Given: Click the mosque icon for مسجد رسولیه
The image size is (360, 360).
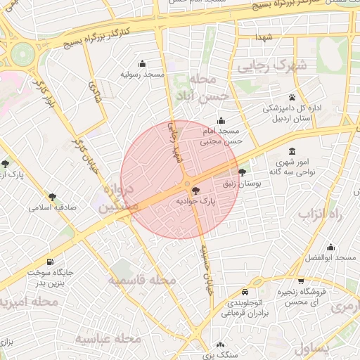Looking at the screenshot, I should click(x=143, y=63).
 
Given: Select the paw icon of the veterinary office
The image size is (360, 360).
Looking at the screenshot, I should click(x=292, y=97).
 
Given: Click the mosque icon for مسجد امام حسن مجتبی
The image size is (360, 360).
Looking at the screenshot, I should click(x=221, y=120).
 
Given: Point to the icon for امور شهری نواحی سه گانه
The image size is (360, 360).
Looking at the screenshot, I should click(x=292, y=151).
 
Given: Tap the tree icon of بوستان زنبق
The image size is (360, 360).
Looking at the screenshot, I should click(x=243, y=172).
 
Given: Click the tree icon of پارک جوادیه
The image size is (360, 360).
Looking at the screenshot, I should click(x=195, y=191).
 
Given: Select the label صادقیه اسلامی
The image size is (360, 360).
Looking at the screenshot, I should click(x=51, y=208).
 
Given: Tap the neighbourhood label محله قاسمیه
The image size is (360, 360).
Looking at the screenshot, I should click(x=143, y=281).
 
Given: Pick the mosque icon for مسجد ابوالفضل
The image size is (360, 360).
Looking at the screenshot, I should click(x=330, y=247).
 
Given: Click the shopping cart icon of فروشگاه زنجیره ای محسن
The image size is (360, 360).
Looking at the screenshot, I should click(x=301, y=281).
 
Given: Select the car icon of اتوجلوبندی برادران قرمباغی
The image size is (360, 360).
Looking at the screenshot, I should click(x=244, y=292).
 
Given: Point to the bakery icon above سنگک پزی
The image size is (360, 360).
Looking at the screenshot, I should click(x=221, y=345).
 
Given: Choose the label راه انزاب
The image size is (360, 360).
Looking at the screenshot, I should click(x=324, y=214).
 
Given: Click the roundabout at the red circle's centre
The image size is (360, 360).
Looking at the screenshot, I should click(x=187, y=185).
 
